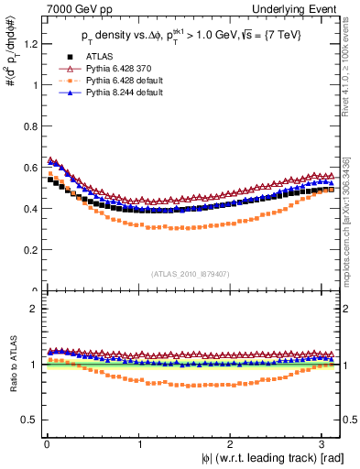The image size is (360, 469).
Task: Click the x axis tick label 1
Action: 139,444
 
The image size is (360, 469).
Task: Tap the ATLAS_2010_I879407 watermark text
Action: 191,274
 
